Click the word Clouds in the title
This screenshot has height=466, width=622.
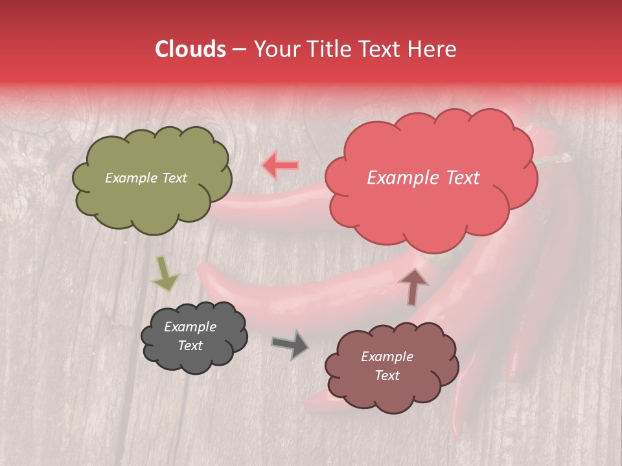click(190, 49)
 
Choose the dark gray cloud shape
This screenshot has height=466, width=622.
click(194, 356)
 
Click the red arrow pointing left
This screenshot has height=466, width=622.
click(280, 166)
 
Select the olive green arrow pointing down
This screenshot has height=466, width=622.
click(165, 273)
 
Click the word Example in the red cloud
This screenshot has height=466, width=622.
click(401, 178)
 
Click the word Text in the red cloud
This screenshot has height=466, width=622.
click(460, 178)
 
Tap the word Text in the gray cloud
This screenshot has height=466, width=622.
click(190, 346)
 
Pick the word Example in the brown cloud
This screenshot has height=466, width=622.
click(387, 357)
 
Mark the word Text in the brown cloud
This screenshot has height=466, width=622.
click(387, 375)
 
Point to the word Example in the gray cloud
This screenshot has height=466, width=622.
click(190, 327)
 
